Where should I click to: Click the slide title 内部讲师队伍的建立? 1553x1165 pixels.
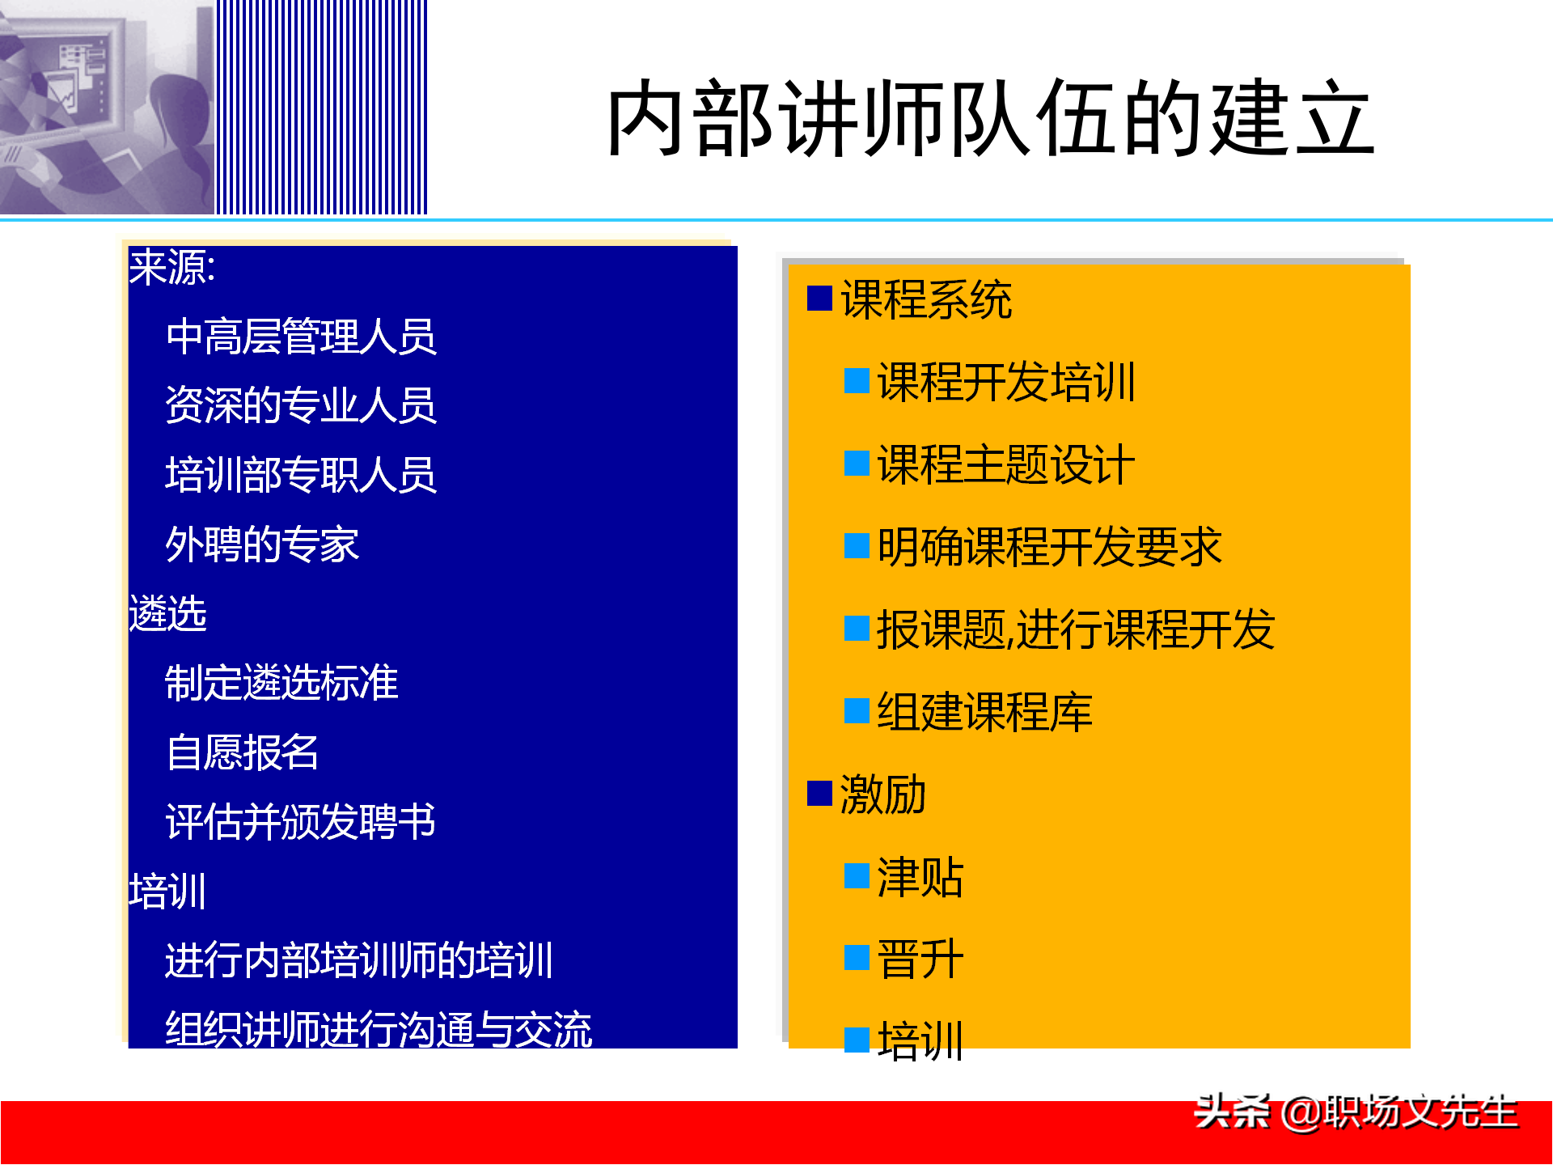pos(990,119)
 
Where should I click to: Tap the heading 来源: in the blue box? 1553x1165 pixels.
pos(172,267)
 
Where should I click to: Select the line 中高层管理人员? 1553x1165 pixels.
pos(301,337)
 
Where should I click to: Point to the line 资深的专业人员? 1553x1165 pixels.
pos(301,405)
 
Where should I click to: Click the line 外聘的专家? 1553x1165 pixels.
pos(262,544)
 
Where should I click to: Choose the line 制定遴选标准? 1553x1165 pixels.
pos(281,682)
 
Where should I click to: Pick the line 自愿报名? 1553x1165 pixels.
pos(243,752)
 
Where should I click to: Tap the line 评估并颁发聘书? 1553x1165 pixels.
pos(301,821)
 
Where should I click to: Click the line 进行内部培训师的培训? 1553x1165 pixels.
pos(359,960)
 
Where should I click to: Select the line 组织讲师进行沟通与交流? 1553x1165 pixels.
pos(379,1029)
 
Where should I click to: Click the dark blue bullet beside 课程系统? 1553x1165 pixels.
pos(819,299)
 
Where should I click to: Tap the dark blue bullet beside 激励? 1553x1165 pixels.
pos(819,794)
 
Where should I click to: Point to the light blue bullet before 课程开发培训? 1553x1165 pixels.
pos(857,380)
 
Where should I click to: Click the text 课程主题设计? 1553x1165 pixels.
pos(1006,464)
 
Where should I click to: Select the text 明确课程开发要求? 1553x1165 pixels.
pos(1049,547)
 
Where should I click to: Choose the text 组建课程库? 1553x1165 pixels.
pos(984,712)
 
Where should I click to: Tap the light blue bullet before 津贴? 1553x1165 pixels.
pos(857,876)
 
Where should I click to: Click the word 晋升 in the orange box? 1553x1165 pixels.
pos(920,960)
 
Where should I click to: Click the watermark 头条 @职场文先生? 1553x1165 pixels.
pos(1356,1112)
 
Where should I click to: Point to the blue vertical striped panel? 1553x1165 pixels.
pos(321,107)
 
